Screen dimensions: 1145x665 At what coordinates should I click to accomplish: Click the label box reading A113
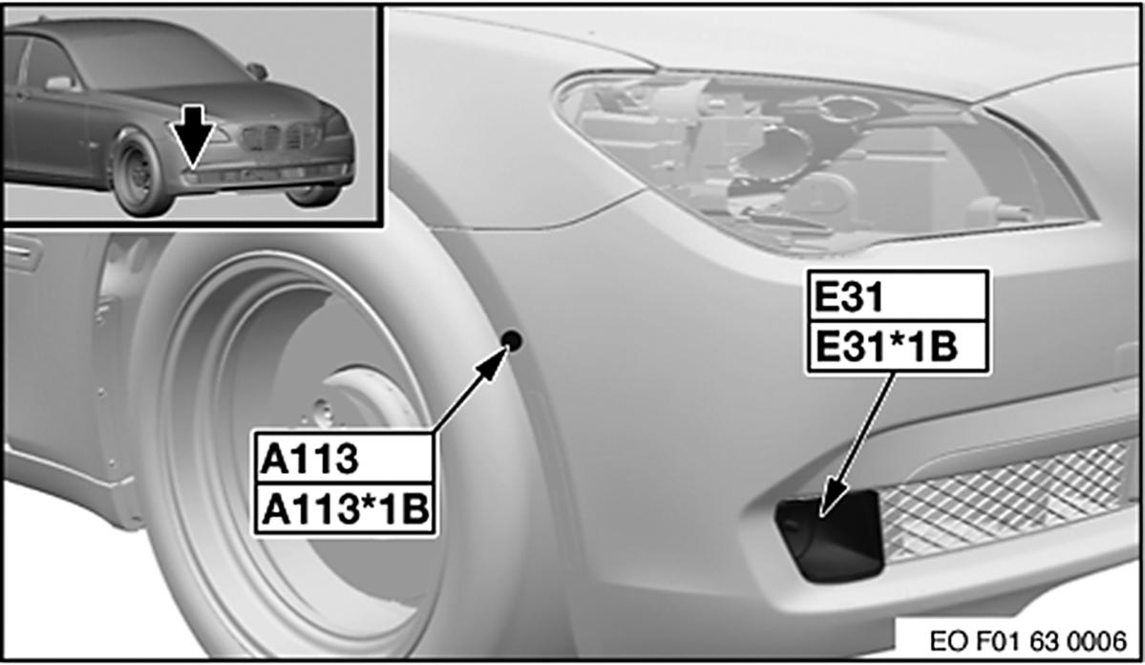pos(344,459)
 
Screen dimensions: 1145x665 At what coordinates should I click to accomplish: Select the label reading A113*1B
pos(344,508)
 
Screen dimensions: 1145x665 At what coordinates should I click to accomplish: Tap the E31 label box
pos(898,296)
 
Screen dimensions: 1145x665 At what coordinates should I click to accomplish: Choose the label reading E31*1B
pos(898,347)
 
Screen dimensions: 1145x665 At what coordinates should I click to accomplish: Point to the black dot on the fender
pos(512,340)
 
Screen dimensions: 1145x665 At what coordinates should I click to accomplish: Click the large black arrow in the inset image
pos(194,135)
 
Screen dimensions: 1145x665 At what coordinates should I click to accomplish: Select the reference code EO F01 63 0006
pos(1028,641)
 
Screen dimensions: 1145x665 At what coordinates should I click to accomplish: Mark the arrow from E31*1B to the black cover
pos(857,445)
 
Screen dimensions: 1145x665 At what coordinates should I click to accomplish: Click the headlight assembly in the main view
pos(825,161)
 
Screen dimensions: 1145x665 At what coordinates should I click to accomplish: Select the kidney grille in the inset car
pos(281,137)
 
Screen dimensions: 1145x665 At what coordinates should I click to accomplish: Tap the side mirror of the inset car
pos(257,71)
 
